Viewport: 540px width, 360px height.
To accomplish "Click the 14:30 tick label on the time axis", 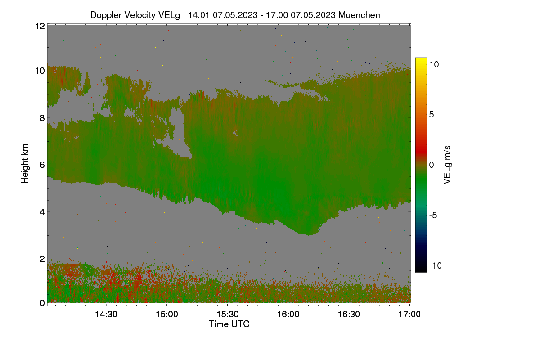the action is point(106,315).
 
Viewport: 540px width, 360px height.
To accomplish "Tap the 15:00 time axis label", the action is point(167,315).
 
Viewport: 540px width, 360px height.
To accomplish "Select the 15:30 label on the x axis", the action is point(228,315).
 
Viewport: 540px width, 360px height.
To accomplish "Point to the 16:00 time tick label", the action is point(288,315).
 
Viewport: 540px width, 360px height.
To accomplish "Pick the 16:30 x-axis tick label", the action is point(349,315).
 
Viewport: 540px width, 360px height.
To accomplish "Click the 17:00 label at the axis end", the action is point(409,315).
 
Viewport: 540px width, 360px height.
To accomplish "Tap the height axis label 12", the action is point(40,26).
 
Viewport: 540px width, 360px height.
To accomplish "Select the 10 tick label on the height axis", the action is point(40,71).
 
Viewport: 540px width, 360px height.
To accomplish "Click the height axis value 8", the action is point(42,118).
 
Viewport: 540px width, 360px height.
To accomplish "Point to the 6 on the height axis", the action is point(42,165).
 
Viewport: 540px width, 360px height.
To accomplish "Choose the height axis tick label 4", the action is point(42,212).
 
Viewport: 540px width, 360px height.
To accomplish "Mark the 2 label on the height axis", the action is point(42,259).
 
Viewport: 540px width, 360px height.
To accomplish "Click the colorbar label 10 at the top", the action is point(434,65).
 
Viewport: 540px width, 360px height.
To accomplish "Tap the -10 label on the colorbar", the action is point(436,265).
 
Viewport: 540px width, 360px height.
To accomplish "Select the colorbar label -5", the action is point(433,215).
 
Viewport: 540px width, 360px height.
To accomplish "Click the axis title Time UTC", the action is point(229,324).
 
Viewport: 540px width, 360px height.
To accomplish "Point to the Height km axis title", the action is point(25,164).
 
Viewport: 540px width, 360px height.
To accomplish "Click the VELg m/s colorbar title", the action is point(447,165).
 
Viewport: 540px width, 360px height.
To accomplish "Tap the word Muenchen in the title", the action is point(359,15).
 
